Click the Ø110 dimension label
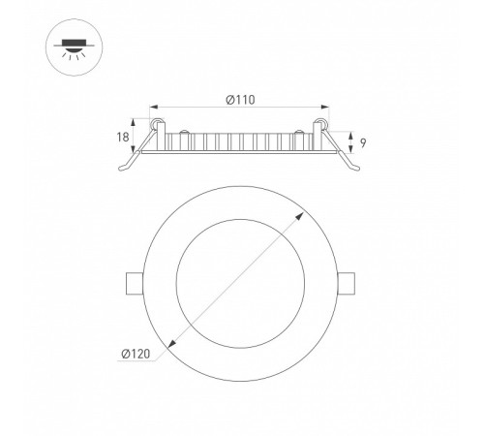coord(240,100)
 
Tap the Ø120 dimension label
coord(136,354)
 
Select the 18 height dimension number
coord(123,138)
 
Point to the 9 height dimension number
coord(363,142)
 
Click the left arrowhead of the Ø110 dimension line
coord(154,107)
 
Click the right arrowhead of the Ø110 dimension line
coord(325,107)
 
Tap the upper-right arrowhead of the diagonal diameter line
coord(300,216)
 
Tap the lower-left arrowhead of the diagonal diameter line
coord(171,345)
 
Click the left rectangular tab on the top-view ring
coord(135,284)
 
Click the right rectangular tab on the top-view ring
coord(347,284)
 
